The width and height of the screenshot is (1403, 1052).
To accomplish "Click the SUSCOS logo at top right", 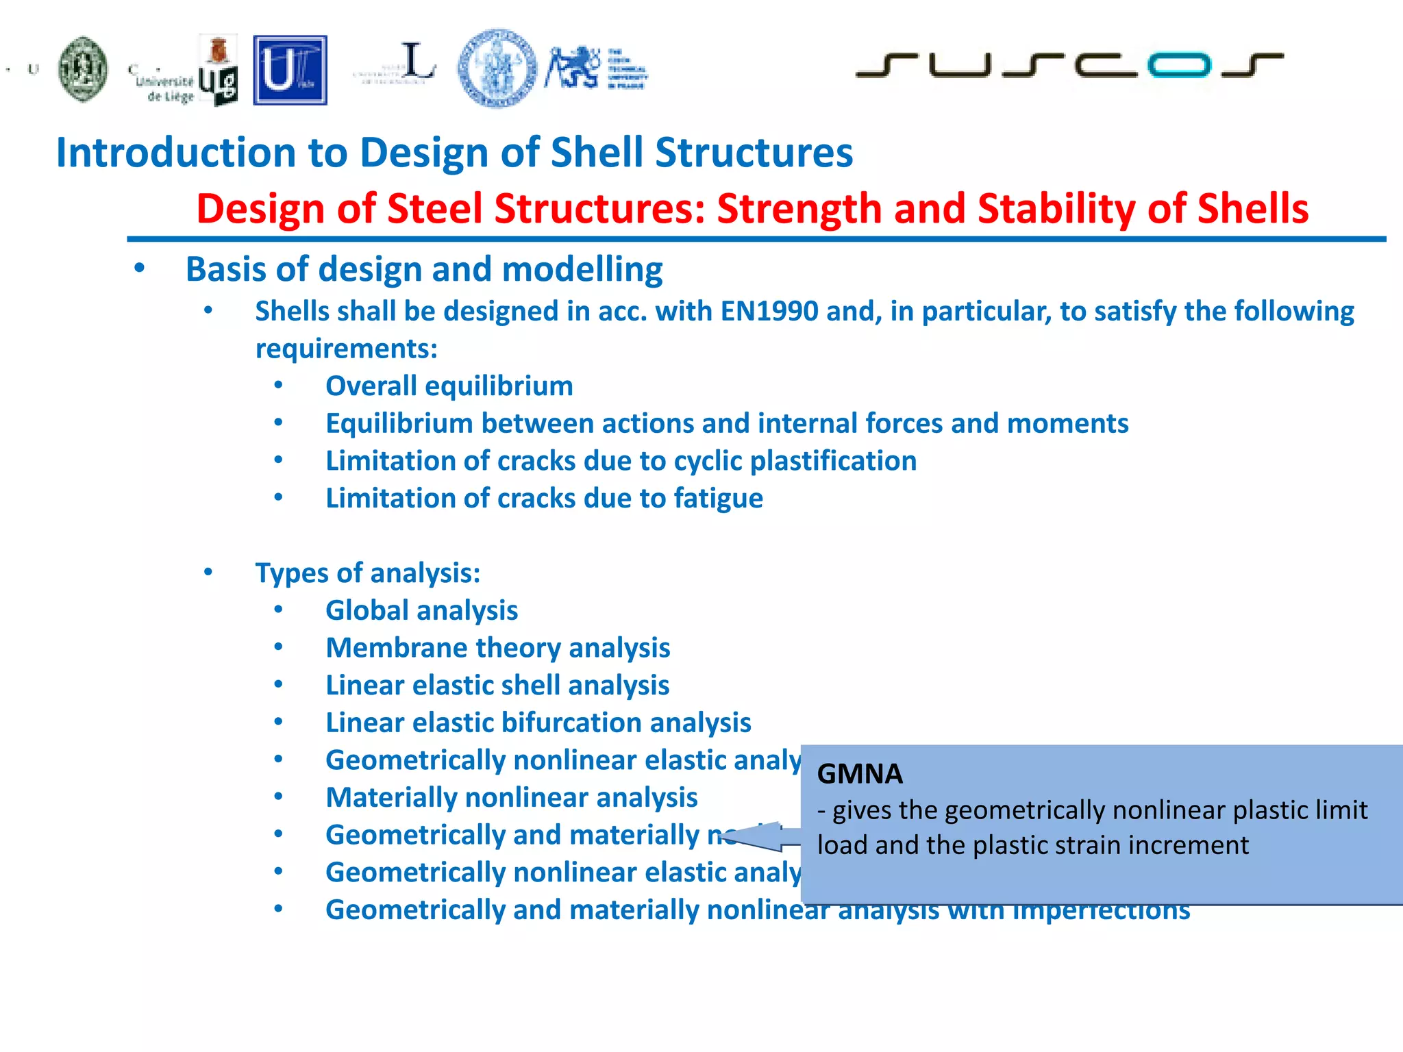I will (x=1069, y=65).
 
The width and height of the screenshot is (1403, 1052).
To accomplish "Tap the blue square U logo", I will (x=290, y=70).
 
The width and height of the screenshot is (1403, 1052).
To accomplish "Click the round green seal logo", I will (x=83, y=69).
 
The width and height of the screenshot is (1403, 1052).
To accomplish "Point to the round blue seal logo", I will (x=497, y=68).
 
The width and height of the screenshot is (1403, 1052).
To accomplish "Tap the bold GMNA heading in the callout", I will (x=860, y=774).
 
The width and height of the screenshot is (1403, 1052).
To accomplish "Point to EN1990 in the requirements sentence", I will (x=769, y=312).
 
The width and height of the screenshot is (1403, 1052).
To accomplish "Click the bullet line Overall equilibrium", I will (x=449, y=386).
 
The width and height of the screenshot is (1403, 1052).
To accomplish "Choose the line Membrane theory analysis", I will (x=497, y=648).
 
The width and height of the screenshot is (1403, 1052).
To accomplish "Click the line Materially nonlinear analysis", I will (x=511, y=798).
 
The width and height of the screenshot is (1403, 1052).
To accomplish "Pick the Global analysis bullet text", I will (x=421, y=611).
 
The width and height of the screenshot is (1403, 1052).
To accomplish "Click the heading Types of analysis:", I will (x=368, y=573).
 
